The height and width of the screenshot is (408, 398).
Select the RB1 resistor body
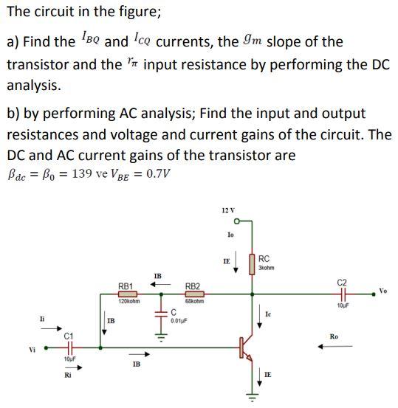126,294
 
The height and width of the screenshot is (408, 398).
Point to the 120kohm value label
126,302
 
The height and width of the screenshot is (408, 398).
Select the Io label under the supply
231,234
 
